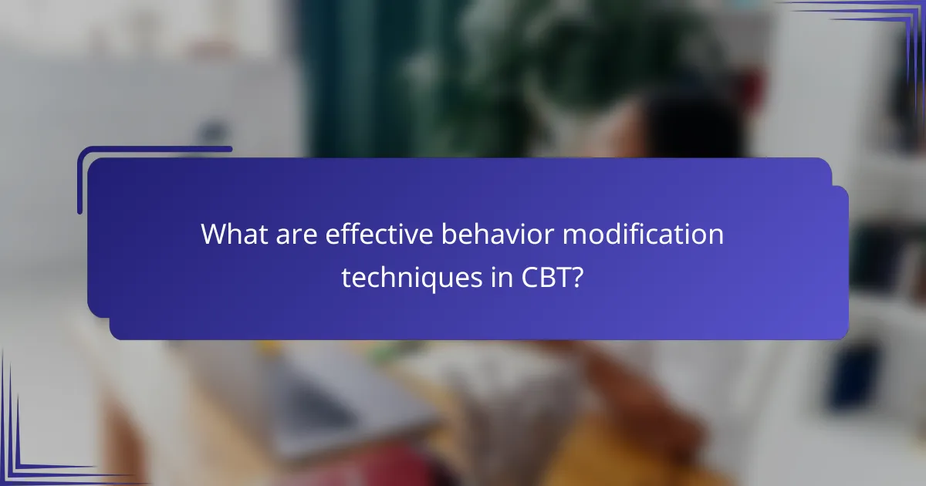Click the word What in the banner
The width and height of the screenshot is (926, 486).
[x=228, y=234]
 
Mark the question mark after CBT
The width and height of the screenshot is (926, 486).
[x=577, y=277]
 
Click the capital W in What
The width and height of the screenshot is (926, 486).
[x=214, y=234]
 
